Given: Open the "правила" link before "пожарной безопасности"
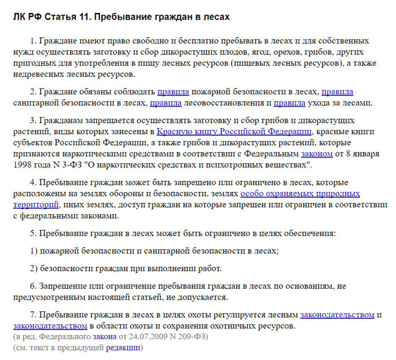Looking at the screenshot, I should (173, 92).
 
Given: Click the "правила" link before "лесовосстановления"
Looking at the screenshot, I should (166, 103).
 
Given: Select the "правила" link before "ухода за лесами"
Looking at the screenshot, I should (289, 103).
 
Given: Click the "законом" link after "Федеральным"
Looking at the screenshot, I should (316, 154).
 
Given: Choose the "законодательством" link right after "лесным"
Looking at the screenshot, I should (337, 314).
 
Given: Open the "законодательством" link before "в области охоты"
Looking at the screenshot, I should (50, 326).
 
